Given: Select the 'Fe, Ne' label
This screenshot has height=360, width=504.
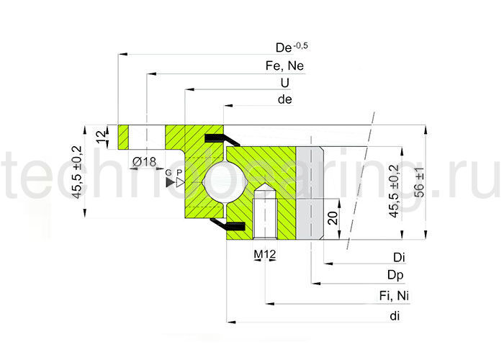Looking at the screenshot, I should tap(285, 66).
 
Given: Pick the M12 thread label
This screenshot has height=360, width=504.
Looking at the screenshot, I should tap(265, 254).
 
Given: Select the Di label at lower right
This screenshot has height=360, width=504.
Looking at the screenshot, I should tap(400, 258).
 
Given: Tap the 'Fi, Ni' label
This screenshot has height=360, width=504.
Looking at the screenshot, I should tap(400, 296).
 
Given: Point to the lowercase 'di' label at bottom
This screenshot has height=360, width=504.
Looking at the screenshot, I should tap(394, 315).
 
